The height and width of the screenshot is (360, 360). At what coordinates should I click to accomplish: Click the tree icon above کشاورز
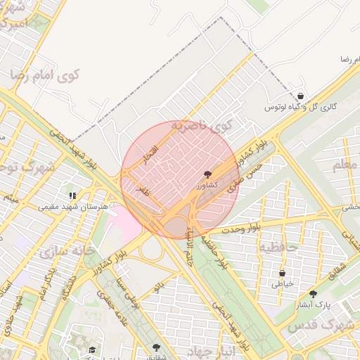coord(207,173)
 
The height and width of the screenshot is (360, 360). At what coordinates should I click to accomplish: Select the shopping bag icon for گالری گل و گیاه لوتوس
coord(300,96)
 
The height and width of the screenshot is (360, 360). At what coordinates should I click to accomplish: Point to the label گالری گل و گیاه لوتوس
coord(300,108)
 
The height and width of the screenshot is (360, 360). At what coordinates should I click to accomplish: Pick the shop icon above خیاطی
coord(282,273)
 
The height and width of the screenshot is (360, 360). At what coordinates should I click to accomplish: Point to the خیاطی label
coord(282,284)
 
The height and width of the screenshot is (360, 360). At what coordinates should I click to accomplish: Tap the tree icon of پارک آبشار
coord(313,294)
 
